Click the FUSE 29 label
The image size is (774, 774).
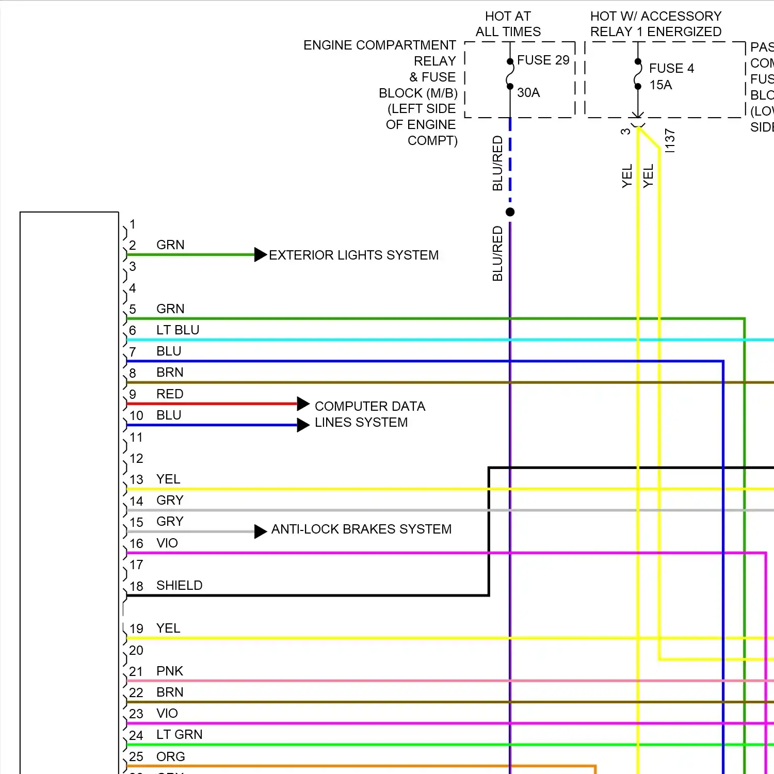point(543,60)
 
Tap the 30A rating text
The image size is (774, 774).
point(528,93)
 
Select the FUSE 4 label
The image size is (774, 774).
point(671,69)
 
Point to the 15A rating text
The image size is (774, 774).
point(660,85)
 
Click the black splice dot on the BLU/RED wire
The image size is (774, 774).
point(510,212)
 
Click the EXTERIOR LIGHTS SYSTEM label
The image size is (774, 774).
point(353,255)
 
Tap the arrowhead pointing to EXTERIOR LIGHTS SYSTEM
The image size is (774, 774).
point(261,255)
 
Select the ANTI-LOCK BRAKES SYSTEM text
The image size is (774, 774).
point(361,529)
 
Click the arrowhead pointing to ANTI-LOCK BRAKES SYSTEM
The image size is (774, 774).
point(261,531)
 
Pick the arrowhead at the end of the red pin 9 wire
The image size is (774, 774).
point(303,404)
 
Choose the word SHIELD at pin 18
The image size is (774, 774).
point(179,586)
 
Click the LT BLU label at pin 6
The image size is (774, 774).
point(178,330)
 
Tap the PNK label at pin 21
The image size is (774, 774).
point(170,671)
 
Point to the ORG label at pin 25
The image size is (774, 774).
point(170,757)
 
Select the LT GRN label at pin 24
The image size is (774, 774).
point(179,735)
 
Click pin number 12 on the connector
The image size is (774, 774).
point(136,459)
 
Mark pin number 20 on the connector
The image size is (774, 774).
point(136,651)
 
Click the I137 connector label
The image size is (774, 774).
point(669,141)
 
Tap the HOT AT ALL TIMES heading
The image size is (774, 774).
point(508,24)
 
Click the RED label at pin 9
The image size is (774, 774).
point(170,394)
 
